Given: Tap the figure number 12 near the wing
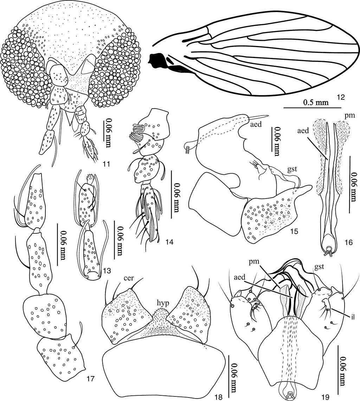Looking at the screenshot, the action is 341,97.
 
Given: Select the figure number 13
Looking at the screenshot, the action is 107,270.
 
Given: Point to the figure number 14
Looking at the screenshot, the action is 169,241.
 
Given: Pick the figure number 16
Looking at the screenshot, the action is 348,242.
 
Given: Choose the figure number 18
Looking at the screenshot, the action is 218,397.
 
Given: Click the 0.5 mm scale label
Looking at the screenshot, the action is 316,102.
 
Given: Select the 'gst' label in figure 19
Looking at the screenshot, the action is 319,267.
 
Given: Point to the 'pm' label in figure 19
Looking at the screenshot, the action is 254,262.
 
